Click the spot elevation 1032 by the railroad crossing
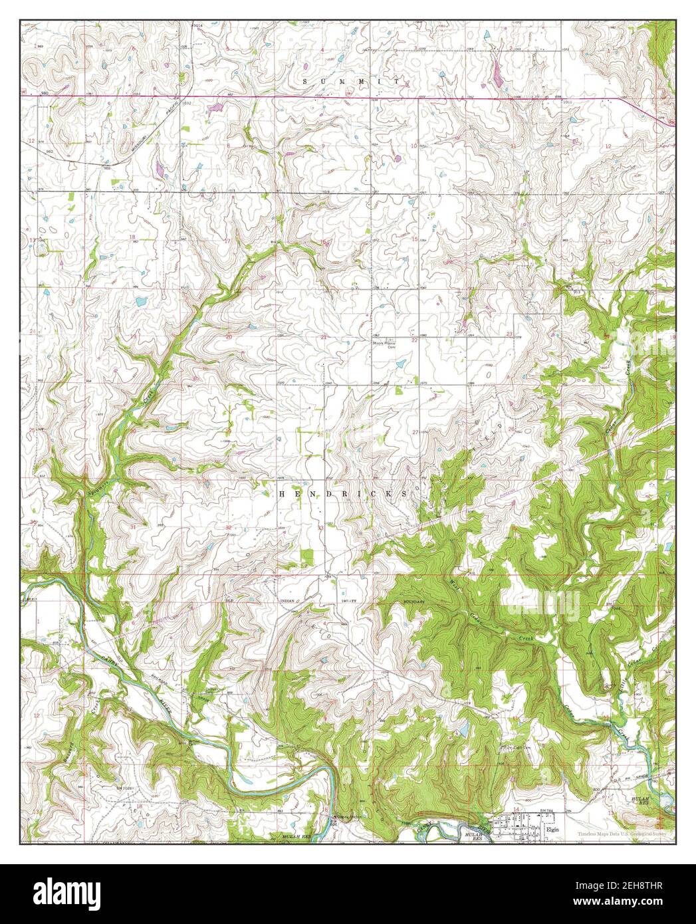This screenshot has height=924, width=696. tap(187, 104)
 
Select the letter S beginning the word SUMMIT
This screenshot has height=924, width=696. tap(305, 80)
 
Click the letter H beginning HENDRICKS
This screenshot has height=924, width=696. tap(280, 494)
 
